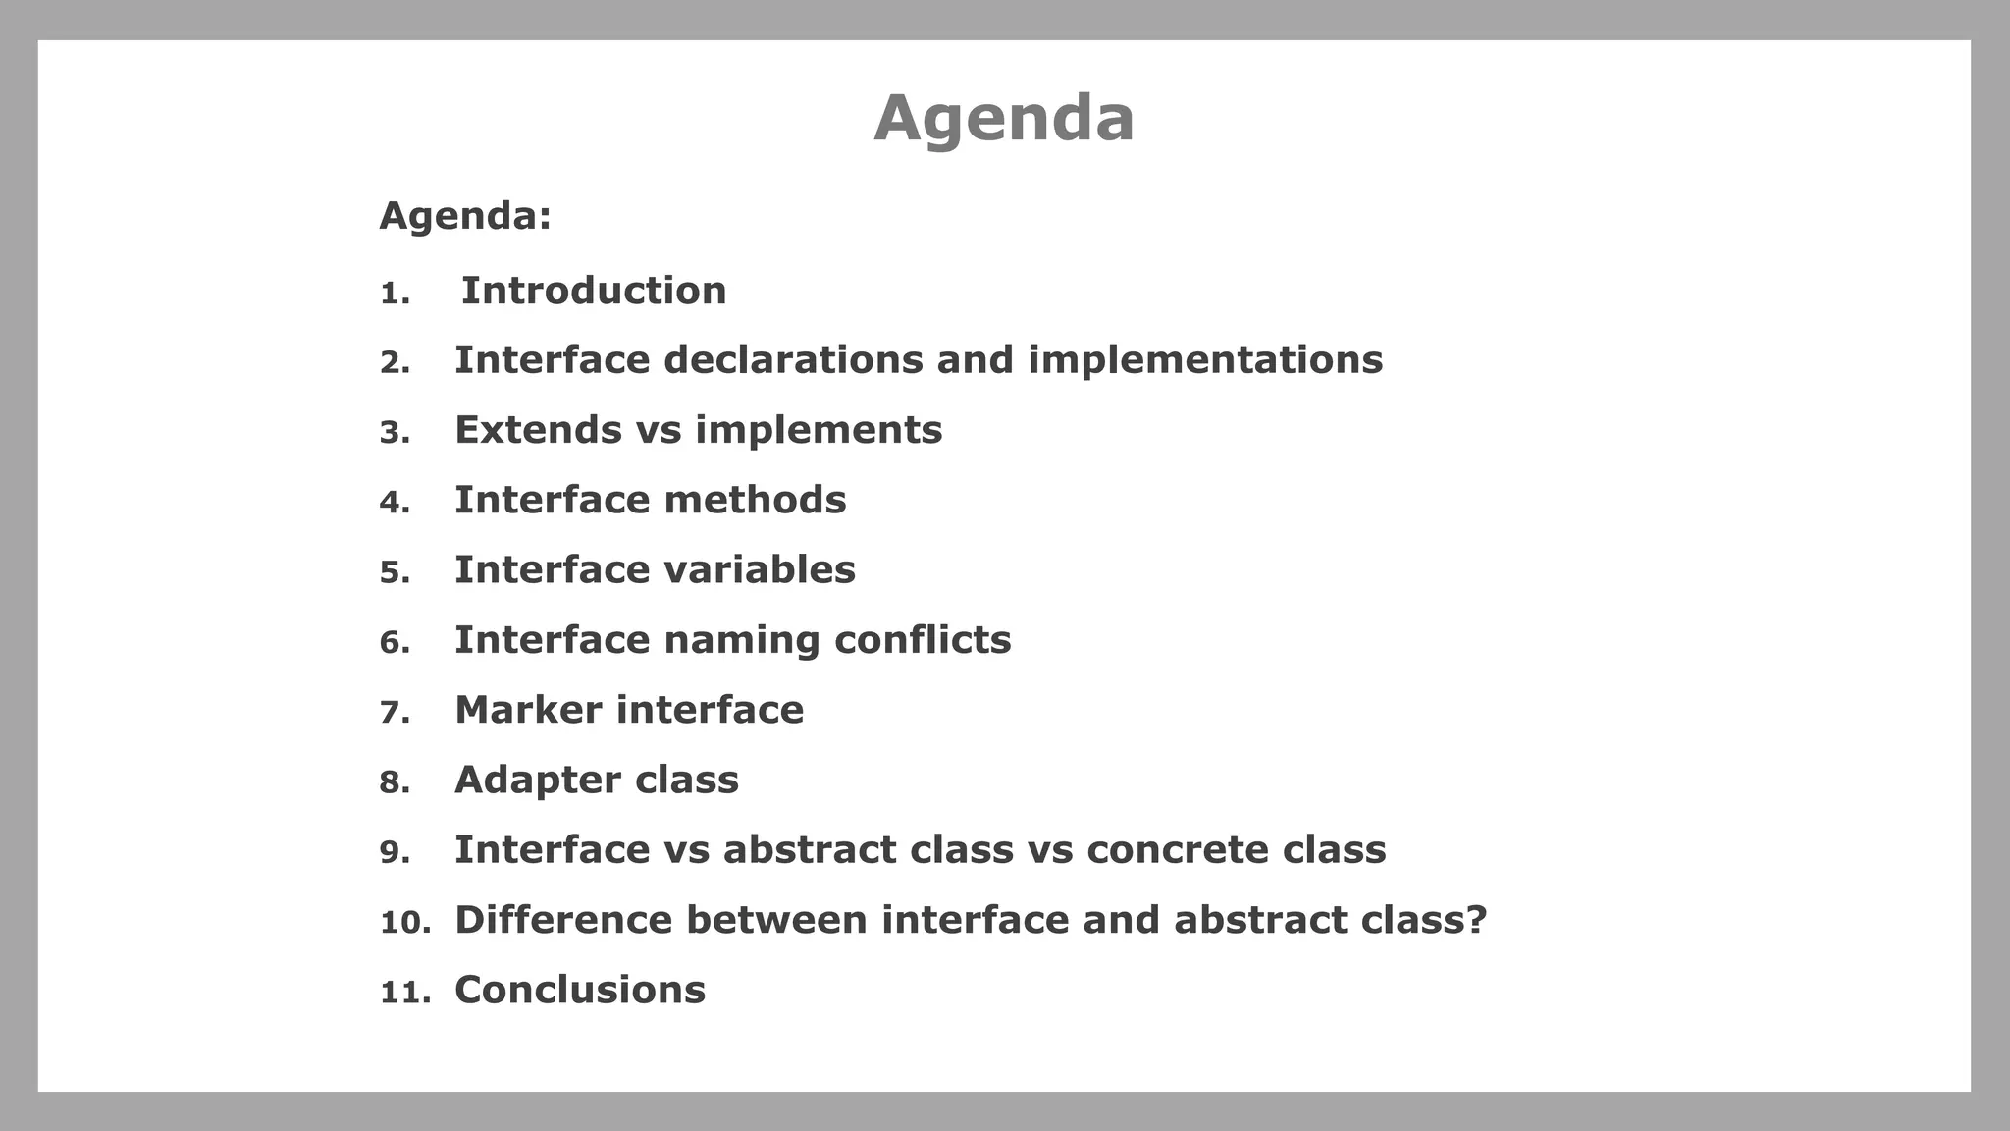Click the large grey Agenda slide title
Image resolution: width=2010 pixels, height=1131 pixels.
pyautogui.click(x=1003, y=119)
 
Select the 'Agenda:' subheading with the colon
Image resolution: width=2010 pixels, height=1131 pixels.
pyautogui.click(x=465, y=216)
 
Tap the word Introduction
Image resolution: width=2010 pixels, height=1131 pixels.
pyautogui.click(x=594, y=292)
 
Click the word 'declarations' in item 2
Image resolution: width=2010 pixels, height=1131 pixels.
pyautogui.click(x=793, y=360)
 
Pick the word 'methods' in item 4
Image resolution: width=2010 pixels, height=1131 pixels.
pyautogui.click(x=755, y=501)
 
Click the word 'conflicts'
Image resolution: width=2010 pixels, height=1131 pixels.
pyautogui.click(x=923, y=640)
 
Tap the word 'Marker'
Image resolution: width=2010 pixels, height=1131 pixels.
pyautogui.click(x=528, y=710)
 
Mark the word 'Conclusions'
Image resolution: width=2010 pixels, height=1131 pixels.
pyautogui.click(x=580, y=990)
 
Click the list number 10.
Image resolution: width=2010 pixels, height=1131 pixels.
pyautogui.click(x=404, y=923)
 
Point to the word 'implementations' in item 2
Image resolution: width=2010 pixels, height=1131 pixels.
pyautogui.click(x=1205, y=360)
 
